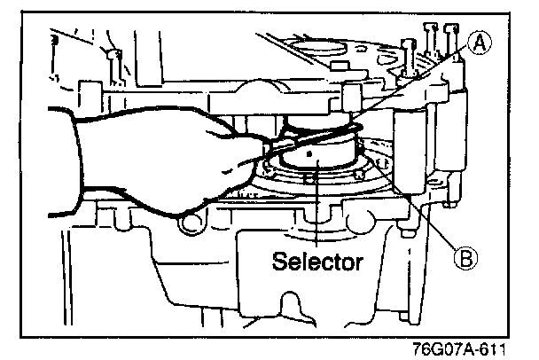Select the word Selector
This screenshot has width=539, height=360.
point(316,262)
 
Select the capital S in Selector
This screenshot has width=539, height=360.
point(278,262)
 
